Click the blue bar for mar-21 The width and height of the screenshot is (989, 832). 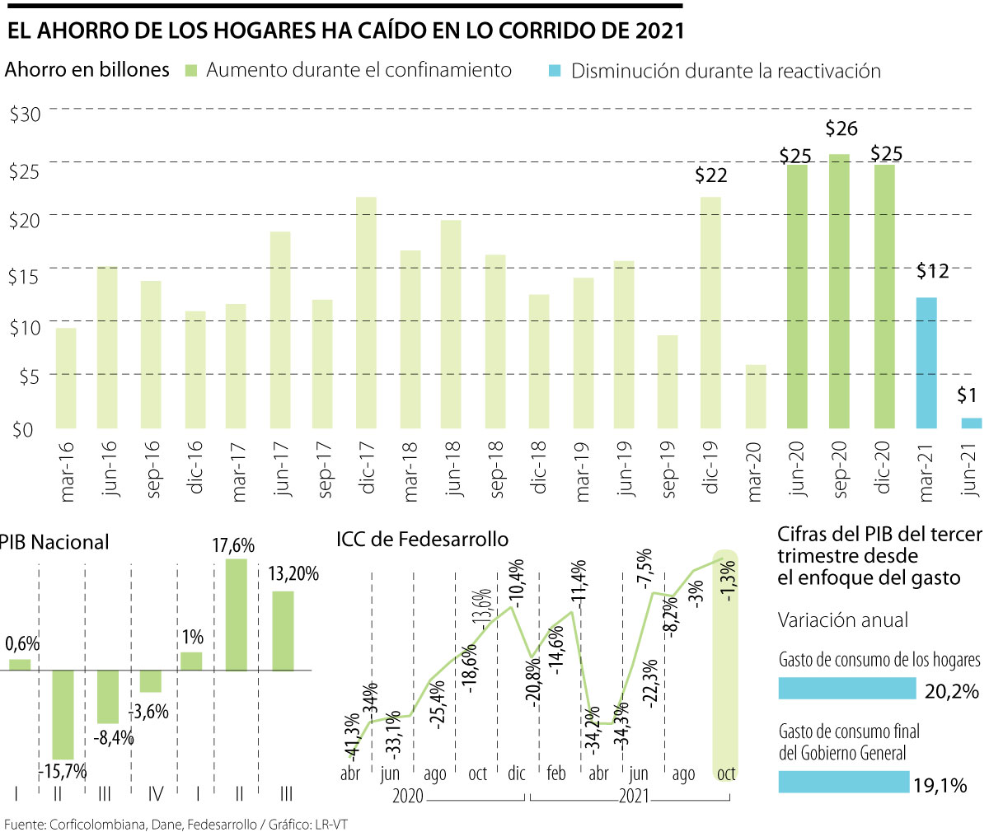point(926,363)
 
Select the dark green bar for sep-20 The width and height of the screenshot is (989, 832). point(840,292)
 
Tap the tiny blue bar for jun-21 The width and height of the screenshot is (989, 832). point(971,423)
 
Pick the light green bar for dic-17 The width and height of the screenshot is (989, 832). point(367,313)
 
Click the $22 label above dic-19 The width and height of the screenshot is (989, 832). point(711,175)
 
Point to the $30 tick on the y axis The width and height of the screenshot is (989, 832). point(25,114)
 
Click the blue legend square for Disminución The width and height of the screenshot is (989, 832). point(555,72)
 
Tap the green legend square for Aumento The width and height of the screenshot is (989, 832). point(190,72)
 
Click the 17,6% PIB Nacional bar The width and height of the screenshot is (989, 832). point(237,615)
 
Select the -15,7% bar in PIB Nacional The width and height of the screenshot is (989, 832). point(63,714)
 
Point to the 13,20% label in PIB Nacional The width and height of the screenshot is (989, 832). point(293,574)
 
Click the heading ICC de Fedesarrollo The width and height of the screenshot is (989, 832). point(422,540)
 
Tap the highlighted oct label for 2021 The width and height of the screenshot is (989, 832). point(725,774)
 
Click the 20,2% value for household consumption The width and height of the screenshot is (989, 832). point(951,690)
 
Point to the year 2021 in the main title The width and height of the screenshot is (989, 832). point(660,31)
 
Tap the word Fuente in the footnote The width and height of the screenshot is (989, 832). point(24,824)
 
